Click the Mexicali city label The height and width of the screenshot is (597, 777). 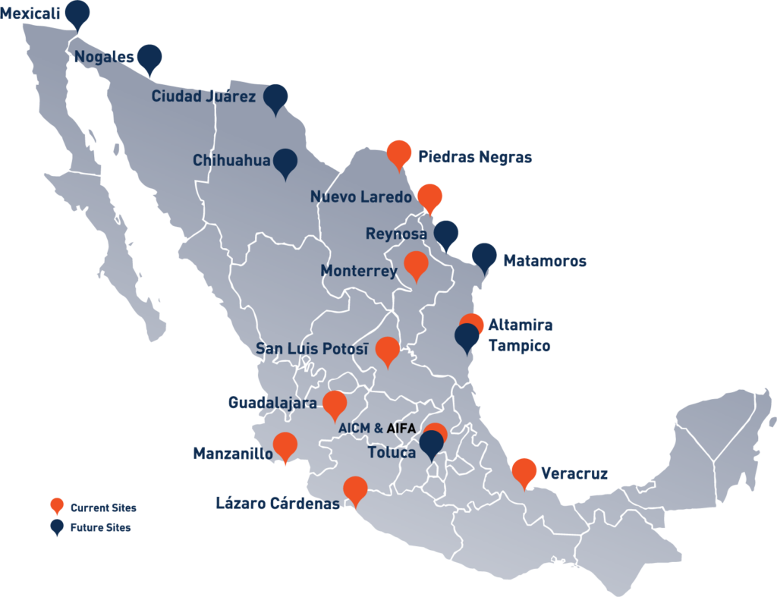pyautogui.click(x=30, y=14)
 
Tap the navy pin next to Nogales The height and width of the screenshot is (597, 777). pyautogui.click(x=149, y=57)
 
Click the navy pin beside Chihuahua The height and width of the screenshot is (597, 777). pyautogui.click(x=285, y=161)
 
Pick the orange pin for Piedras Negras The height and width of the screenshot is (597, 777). pyautogui.click(x=399, y=153)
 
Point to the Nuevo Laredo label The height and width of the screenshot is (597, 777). pyautogui.click(x=360, y=197)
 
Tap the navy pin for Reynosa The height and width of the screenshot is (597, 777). pyautogui.click(x=445, y=234)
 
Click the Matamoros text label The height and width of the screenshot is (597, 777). pyautogui.click(x=545, y=261)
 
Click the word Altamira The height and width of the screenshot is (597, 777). pyautogui.click(x=520, y=325)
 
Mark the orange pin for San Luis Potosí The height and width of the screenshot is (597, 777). pyautogui.click(x=388, y=350)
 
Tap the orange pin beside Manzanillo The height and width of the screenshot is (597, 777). pyautogui.click(x=285, y=445)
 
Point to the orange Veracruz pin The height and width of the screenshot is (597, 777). pyautogui.click(x=524, y=471)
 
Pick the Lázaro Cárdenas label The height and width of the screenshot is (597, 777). pyautogui.click(x=277, y=504)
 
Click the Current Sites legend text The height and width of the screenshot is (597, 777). pyautogui.click(x=103, y=508)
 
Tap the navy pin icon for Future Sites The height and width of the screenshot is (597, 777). pyautogui.click(x=56, y=527)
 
